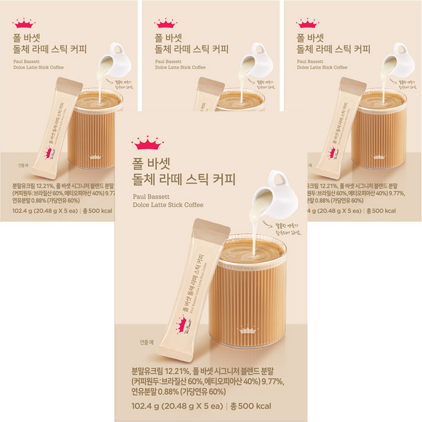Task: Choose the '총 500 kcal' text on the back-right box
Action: pos(391,209)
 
